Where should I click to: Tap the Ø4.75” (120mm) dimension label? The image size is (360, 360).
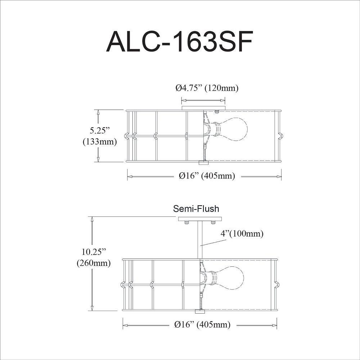tap(207, 88)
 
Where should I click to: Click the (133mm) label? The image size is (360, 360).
tap(100, 141)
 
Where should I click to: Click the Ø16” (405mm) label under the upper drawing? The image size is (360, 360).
tap(207, 176)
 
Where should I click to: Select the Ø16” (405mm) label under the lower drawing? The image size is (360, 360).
tap(202, 325)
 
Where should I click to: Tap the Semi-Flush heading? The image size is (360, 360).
tap(196, 209)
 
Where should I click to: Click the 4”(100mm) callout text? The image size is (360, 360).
tap(242, 234)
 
